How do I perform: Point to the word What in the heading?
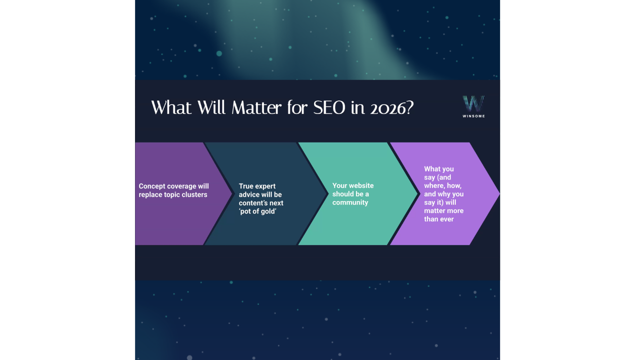(x=168, y=107)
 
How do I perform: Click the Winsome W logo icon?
(x=473, y=103)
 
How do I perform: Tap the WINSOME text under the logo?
(x=473, y=116)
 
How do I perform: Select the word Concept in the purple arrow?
(x=152, y=186)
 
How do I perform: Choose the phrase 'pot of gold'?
(x=258, y=211)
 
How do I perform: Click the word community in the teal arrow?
(x=350, y=202)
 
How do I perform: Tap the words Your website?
(x=353, y=185)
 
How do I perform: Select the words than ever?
(x=439, y=219)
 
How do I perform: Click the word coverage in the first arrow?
(x=181, y=186)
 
